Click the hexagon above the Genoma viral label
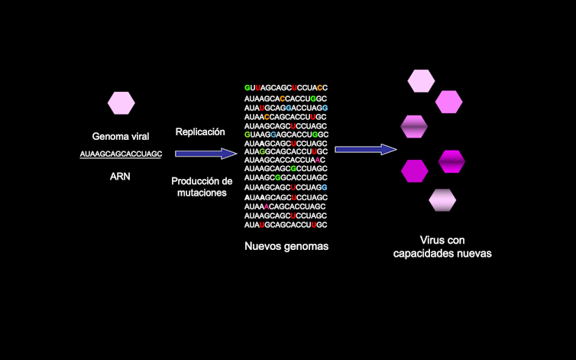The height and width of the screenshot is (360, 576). [x=121, y=102]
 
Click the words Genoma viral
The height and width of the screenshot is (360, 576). [x=121, y=137]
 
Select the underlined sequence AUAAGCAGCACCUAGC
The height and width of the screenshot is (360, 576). [x=121, y=154]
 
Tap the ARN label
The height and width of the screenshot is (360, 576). [x=121, y=177]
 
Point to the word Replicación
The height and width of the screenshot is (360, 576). [x=200, y=131]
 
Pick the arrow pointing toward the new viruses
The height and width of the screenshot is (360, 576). [x=367, y=148]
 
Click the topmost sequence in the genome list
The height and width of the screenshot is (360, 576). [x=286, y=88]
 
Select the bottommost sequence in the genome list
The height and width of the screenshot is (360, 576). [x=286, y=225]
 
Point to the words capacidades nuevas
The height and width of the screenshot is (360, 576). [x=442, y=253]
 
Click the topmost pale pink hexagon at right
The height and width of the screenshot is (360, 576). [x=421, y=79]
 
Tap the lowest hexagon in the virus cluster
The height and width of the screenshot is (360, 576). [x=442, y=199]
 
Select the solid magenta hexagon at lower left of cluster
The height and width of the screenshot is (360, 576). [x=415, y=171]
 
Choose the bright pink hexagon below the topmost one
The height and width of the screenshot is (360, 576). [x=448, y=101]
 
